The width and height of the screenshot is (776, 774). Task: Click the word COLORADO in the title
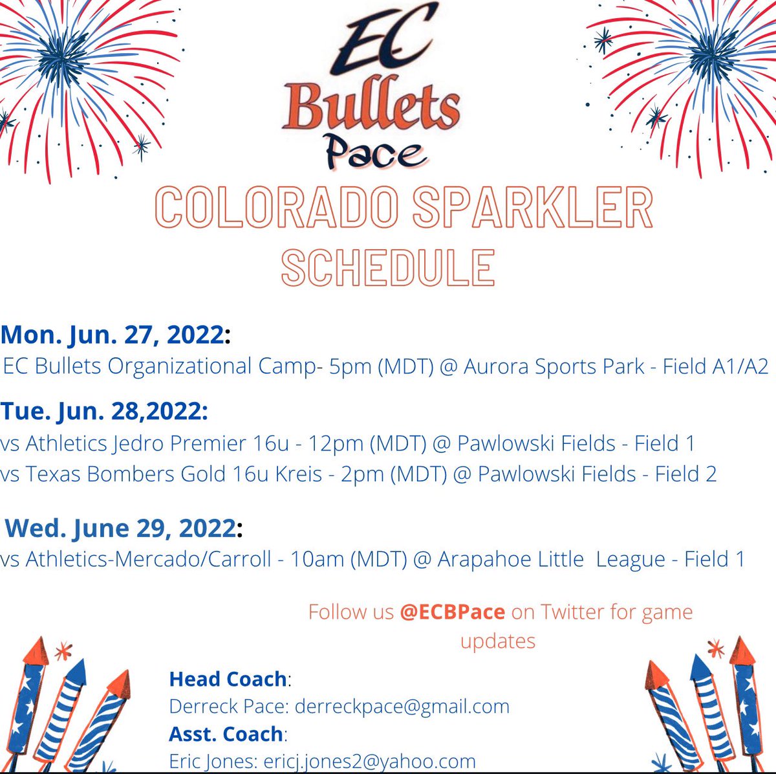click(x=277, y=208)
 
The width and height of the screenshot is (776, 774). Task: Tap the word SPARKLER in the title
click(x=533, y=208)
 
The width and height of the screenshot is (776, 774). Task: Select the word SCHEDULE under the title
click(x=388, y=267)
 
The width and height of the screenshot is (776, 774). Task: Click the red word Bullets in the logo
click(x=371, y=107)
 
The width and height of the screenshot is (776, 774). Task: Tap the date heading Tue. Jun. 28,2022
click(x=104, y=411)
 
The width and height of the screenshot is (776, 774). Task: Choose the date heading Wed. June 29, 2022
click(x=121, y=528)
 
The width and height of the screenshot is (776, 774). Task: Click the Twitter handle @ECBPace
click(x=452, y=612)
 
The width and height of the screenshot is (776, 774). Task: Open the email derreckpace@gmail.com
click(x=402, y=706)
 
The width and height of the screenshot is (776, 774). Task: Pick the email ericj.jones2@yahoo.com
click(x=369, y=761)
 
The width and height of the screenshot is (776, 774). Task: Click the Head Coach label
click(x=228, y=679)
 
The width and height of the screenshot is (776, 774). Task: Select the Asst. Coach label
click(x=226, y=734)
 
